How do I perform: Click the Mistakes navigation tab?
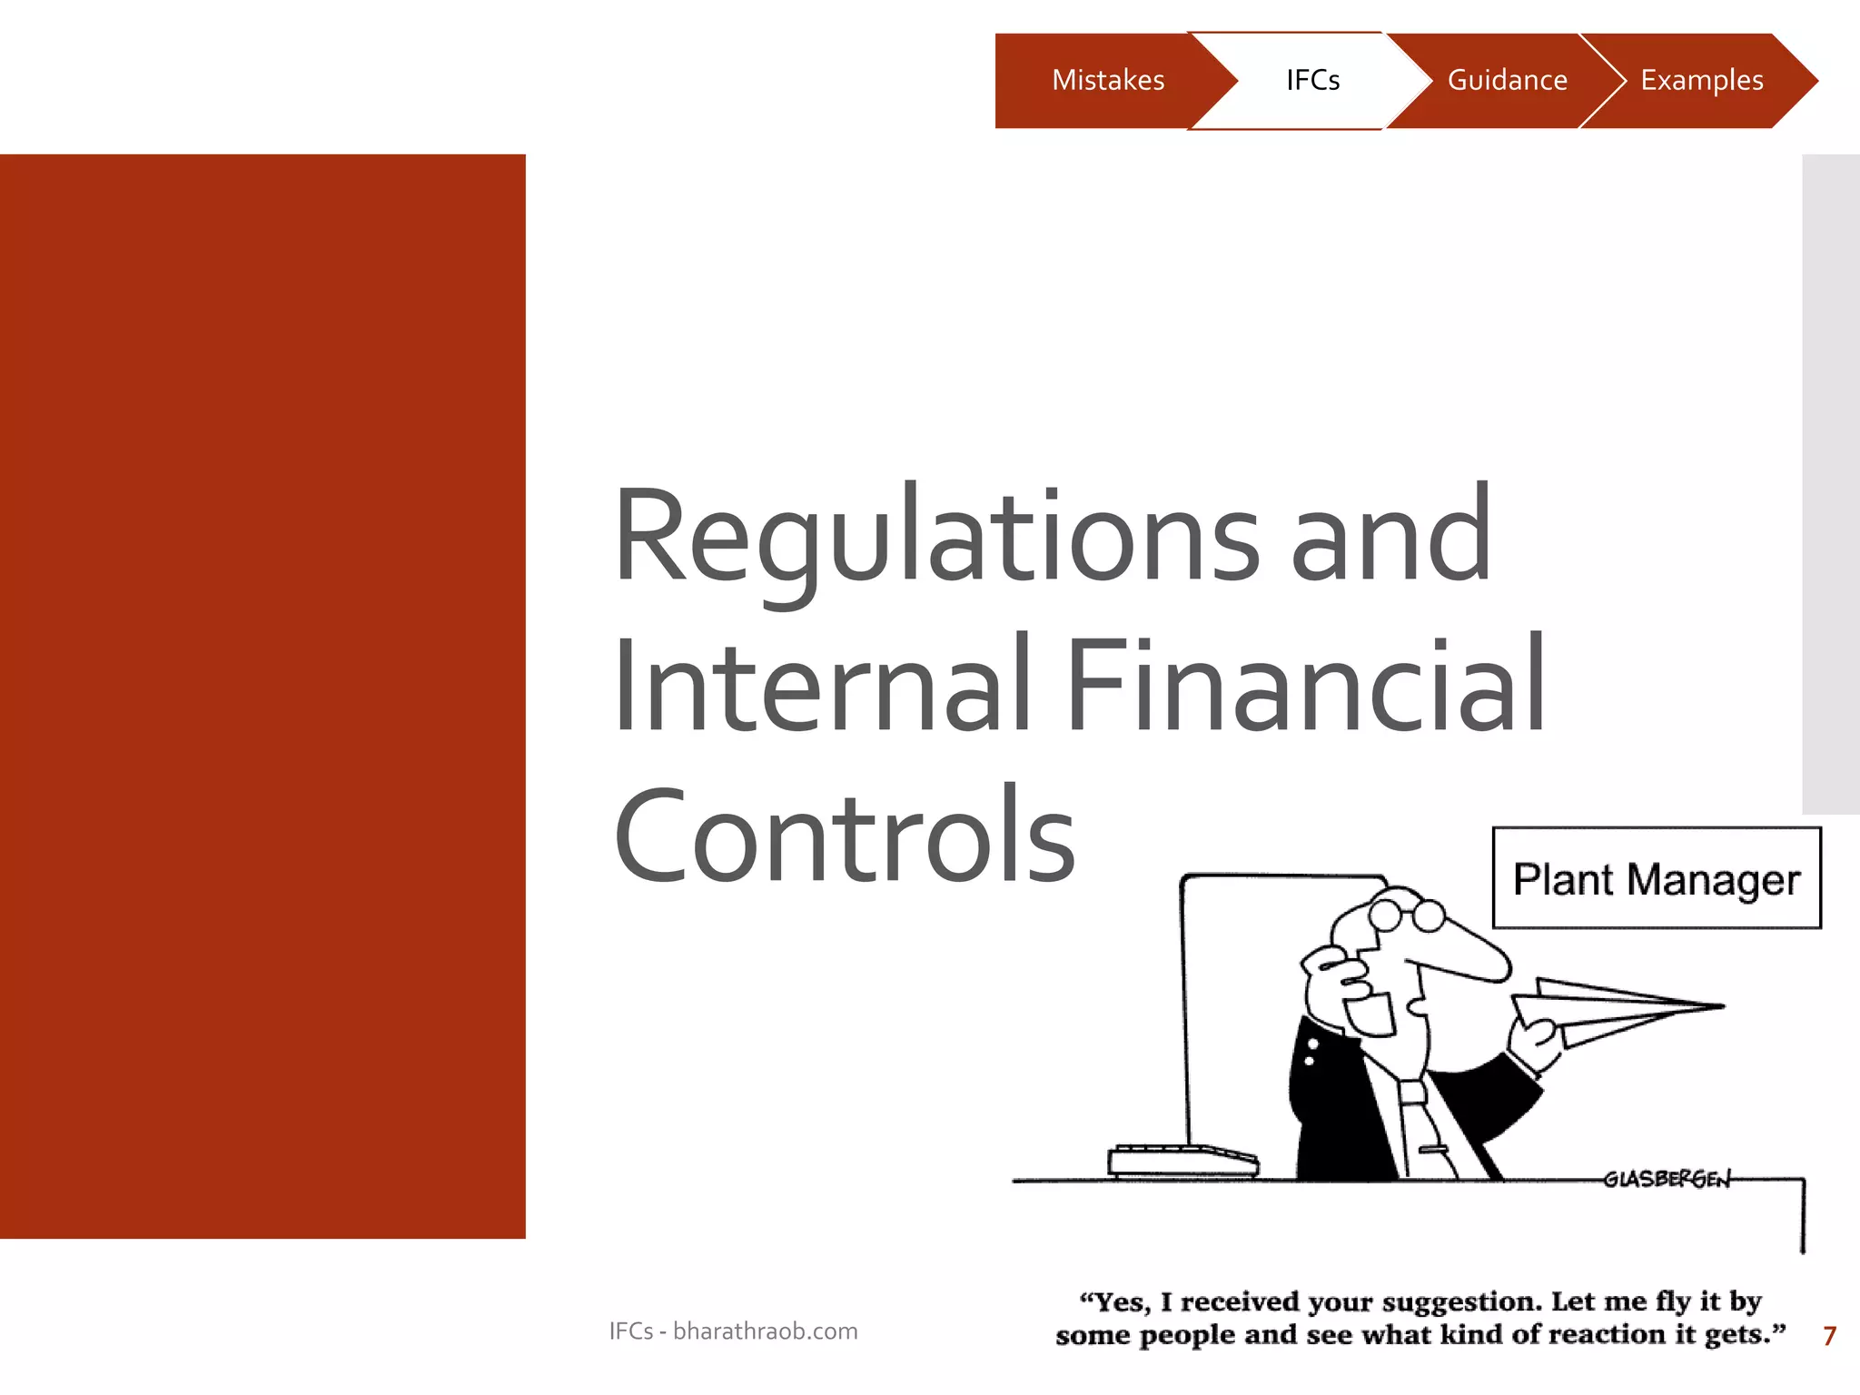tap(1107, 81)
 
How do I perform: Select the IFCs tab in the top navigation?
tap(1312, 81)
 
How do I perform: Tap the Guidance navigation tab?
tap(1507, 81)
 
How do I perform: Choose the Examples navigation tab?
tap(1701, 81)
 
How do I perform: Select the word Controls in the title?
tap(845, 836)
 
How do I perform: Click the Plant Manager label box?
tap(1656, 878)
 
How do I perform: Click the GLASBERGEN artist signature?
tap(1667, 1179)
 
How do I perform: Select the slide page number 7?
tap(1829, 1336)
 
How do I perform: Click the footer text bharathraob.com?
tap(765, 1331)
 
